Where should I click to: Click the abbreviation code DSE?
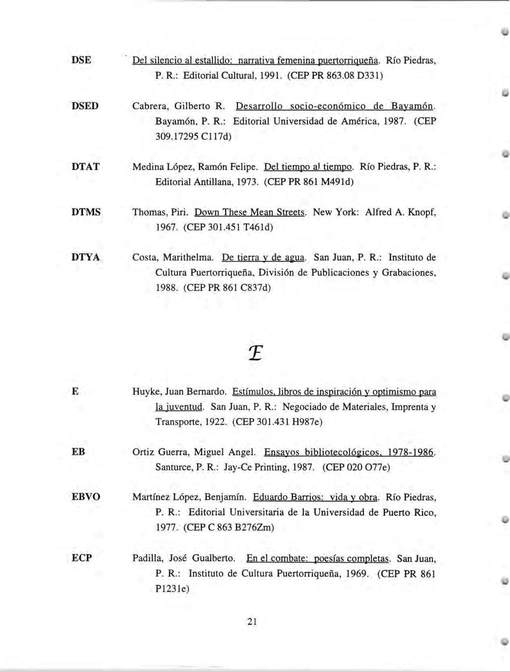[81, 60]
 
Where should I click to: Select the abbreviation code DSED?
[85, 106]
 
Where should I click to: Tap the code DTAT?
[85, 166]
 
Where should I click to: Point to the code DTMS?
[86, 212]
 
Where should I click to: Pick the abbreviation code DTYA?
[85, 257]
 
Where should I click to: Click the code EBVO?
[86, 497]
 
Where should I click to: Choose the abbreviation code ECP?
[82, 558]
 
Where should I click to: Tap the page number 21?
[252, 621]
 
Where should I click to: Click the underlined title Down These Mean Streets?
[250, 212]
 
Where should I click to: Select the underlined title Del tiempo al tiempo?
[308, 166]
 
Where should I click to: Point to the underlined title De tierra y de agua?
[264, 257]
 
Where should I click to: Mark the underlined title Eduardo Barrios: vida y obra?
[315, 497]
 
